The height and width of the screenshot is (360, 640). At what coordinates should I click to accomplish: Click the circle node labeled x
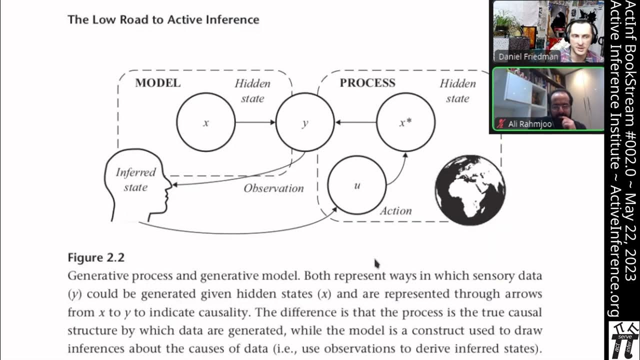205,122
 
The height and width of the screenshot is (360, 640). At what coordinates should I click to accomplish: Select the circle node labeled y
305,122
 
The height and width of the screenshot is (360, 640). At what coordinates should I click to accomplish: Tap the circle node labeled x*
405,122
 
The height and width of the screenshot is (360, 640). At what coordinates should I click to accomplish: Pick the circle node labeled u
357,185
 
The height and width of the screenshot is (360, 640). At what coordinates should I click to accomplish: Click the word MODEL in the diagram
157,83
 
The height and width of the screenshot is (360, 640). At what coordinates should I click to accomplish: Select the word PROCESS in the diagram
367,83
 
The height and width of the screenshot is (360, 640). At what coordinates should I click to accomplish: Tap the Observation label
273,188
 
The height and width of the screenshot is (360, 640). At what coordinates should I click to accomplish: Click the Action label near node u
395,211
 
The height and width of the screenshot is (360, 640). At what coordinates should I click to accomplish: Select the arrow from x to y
255,122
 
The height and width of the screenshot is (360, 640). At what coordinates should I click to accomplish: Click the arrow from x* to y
355,122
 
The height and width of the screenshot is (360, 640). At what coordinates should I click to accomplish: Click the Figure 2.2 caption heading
96,257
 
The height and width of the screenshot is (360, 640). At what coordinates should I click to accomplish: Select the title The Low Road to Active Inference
163,20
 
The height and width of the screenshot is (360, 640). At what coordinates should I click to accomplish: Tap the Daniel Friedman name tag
527,56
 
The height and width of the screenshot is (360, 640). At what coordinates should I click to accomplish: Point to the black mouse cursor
377,263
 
